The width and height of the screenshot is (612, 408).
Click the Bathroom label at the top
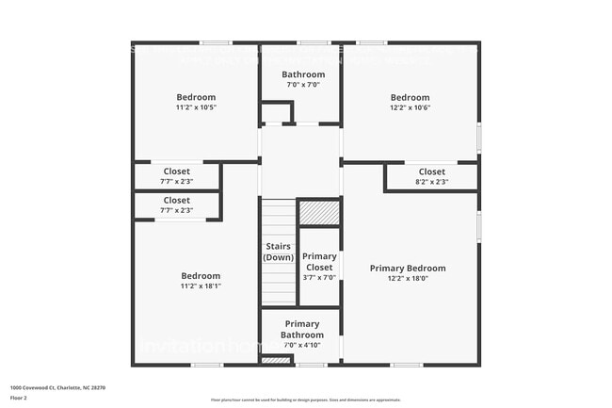point(303,74)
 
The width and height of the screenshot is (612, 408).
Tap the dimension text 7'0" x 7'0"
point(303,85)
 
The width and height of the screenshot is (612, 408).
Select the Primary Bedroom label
point(407,268)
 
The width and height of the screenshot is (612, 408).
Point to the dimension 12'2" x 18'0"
point(407,278)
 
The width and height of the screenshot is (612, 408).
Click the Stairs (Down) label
point(278,252)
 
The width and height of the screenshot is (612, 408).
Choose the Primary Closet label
point(319,261)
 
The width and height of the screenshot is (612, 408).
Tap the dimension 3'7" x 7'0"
point(319,277)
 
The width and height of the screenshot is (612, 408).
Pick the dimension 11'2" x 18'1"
point(200,286)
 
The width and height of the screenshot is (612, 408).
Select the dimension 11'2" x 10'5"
point(196,106)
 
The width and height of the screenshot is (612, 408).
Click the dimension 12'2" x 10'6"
point(410,106)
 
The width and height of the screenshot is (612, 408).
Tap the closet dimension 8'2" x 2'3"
point(431,182)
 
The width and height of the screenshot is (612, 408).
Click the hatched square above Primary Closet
point(319,213)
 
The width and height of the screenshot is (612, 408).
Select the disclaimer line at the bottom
point(305,400)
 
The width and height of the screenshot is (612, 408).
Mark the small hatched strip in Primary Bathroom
point(276,360)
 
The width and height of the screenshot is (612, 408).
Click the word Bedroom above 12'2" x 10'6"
point(410,97)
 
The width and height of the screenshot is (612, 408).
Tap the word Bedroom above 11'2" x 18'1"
point(200,275)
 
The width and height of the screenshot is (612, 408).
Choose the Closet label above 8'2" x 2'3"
point(431,171)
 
